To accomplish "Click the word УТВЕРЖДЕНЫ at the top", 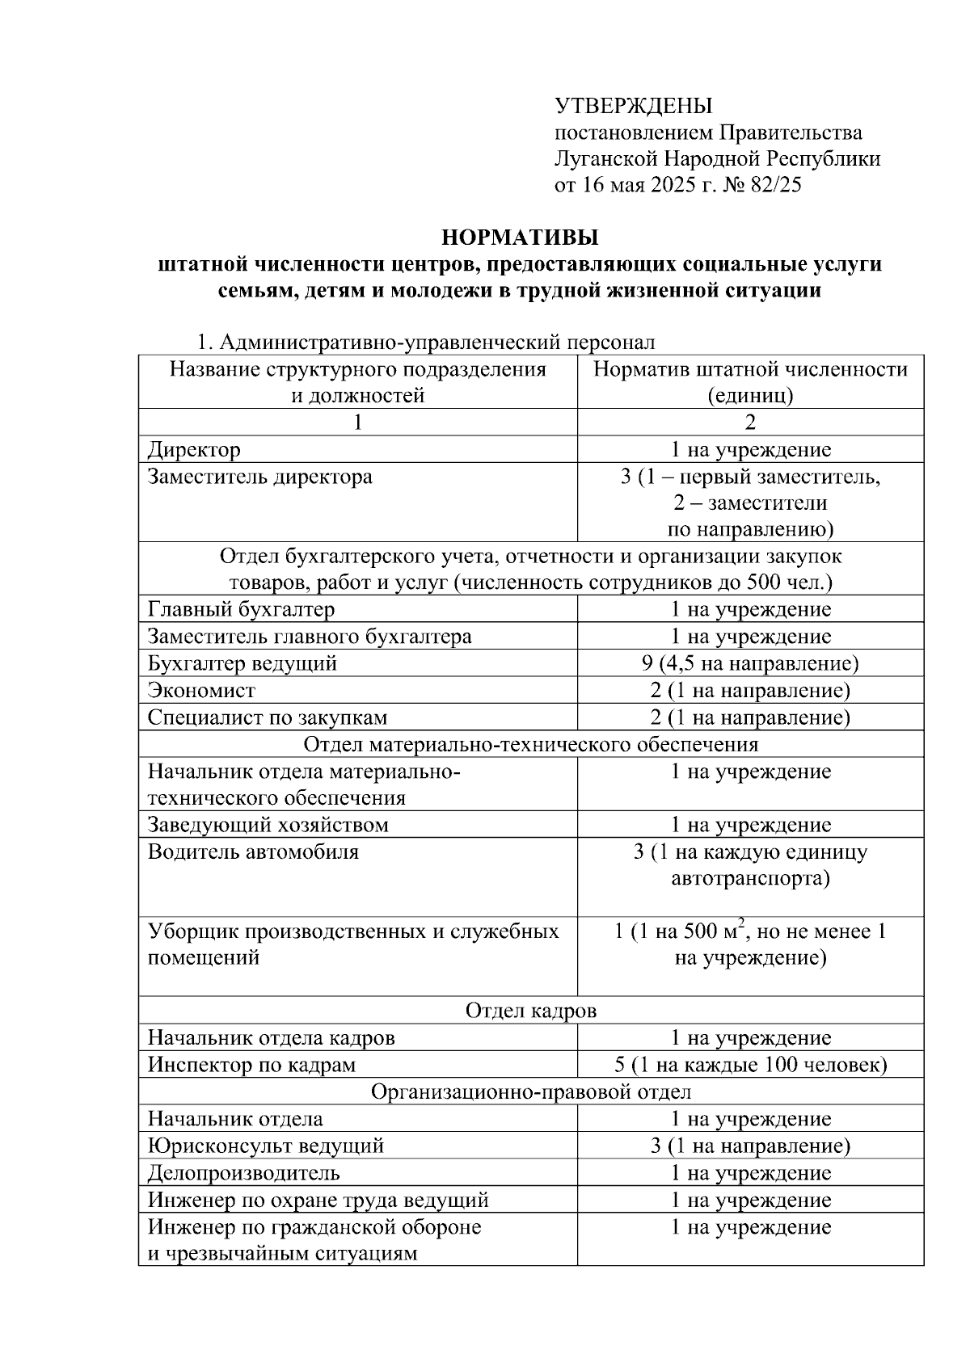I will tap(633, 106).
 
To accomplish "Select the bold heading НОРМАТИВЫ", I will tap(520, 238).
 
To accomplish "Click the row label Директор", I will tap(194, 450).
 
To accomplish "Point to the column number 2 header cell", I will tap(750, 423).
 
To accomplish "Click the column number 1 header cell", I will tap(358, 423).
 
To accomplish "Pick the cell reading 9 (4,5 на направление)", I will tap(750, 664).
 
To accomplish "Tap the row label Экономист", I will tap(201, 691).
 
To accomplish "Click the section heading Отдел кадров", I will tap(531, 1011).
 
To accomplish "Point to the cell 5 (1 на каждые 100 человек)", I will tap(750, 1065).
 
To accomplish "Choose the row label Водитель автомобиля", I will tap(253, 852).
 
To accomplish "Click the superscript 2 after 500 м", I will tap(740, 923).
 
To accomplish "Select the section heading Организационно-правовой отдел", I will tap(531, 1092).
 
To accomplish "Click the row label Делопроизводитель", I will tap(243, 1173).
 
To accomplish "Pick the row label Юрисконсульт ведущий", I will tap(265, 1146).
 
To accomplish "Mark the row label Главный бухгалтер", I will tap(241, 610).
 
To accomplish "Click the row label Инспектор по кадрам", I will tap(251, 1065).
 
